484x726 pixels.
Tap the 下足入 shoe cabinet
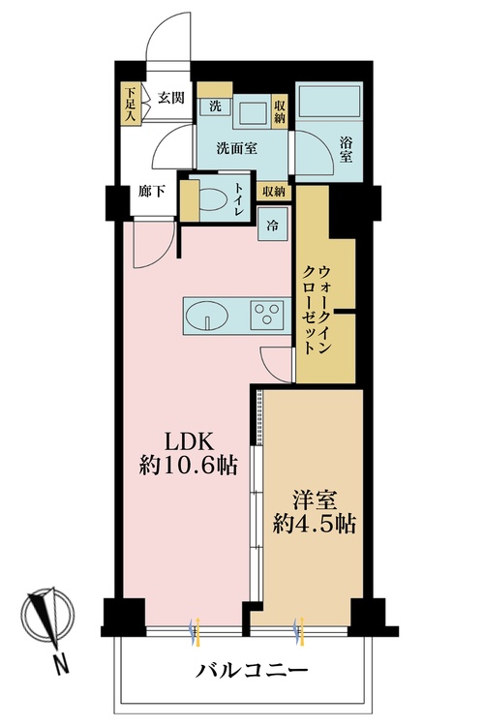pyautogui.click(x=131, y=105)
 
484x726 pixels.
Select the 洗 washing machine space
pyautogui.click(x=215, y=106)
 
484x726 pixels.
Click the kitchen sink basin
pyautogui.click(x=206, y=315)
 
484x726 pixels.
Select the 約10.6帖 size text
pyautogui.click(x=188, y=466)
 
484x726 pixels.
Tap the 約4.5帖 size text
pyautogui.click(x=312, y=527)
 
